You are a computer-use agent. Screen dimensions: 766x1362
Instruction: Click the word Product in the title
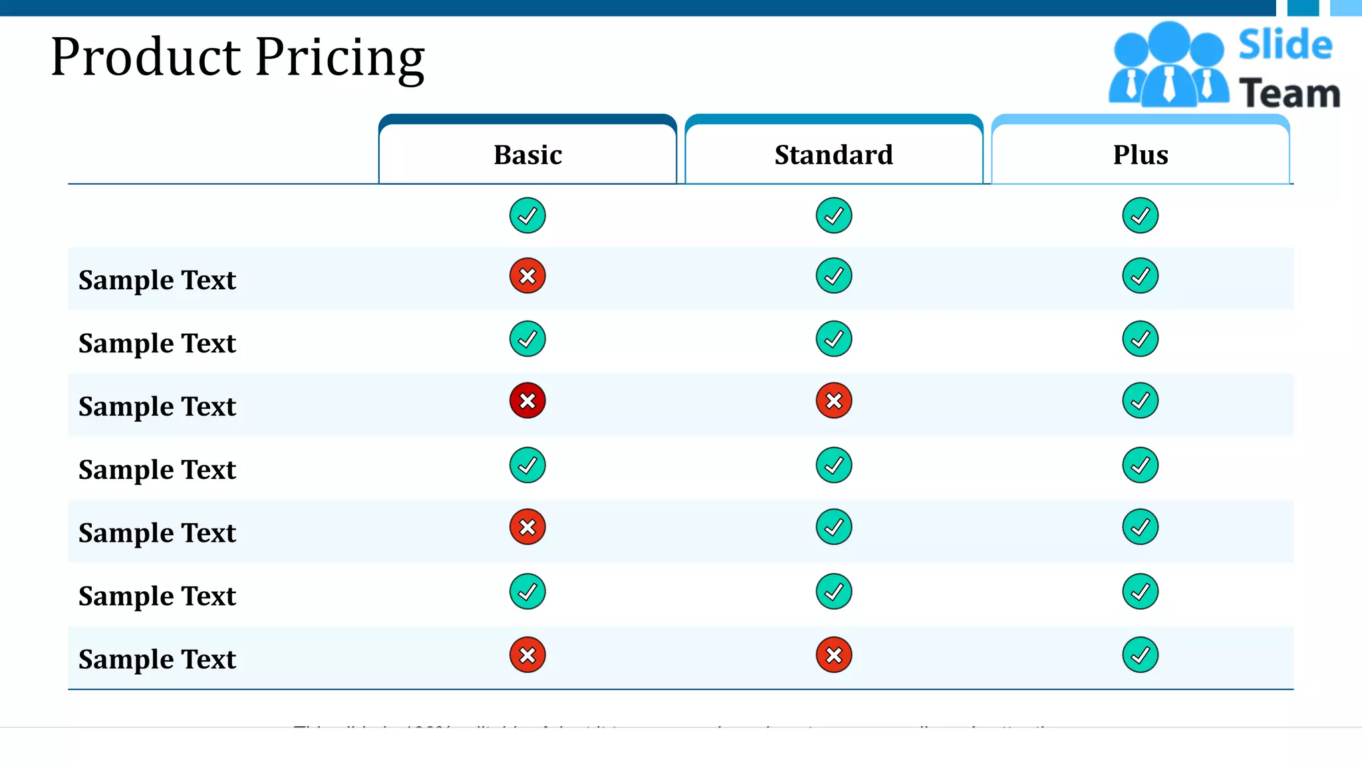(146, 57)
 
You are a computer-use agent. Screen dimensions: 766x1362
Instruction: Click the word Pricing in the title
(340, 59)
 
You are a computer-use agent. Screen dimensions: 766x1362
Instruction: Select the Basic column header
(527, 155)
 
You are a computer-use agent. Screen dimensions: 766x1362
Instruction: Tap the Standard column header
(833, 155)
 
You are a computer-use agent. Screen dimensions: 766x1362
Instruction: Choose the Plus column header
(1141, 155)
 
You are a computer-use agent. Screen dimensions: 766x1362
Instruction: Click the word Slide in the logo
(1285, 45)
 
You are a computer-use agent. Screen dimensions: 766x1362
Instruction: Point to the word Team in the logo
(1290, 93)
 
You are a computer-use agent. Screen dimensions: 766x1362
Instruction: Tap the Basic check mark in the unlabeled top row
(527, 215)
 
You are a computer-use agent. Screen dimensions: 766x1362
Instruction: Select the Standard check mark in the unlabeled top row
(833, 215)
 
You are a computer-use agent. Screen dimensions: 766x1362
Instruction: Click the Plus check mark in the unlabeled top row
(1140, 215)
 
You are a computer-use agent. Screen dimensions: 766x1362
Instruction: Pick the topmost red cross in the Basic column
(527, 276)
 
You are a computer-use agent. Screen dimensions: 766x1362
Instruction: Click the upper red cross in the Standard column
(833, 401)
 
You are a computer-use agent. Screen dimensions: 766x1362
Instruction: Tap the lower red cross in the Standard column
(833, 656)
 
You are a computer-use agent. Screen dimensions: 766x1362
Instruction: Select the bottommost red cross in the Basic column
(527, 656)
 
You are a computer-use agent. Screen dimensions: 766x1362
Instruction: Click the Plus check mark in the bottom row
(1140, 656)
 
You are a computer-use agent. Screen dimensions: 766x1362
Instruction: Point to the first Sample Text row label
(157, 281)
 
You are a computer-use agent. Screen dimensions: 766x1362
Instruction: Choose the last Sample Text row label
(157, 660)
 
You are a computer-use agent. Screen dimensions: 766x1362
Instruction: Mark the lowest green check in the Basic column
(527, 592)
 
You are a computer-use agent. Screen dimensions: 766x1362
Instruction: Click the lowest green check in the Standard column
(833, 592)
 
